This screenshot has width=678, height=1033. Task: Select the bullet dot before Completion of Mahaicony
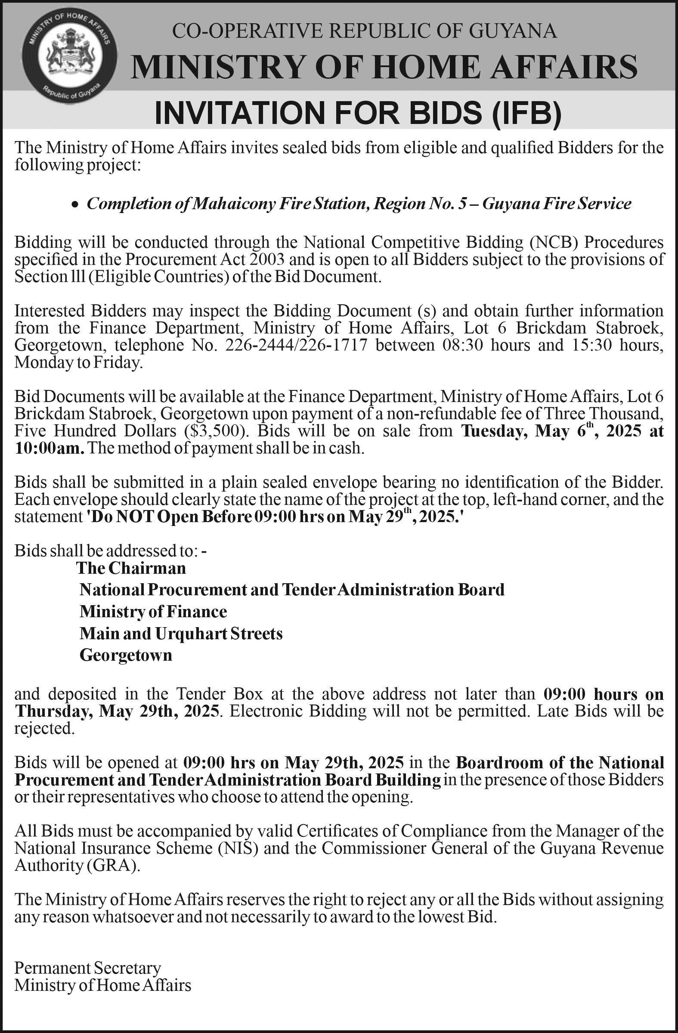76,204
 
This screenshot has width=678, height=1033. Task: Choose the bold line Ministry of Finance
153,612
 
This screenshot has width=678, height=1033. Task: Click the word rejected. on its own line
45,729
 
